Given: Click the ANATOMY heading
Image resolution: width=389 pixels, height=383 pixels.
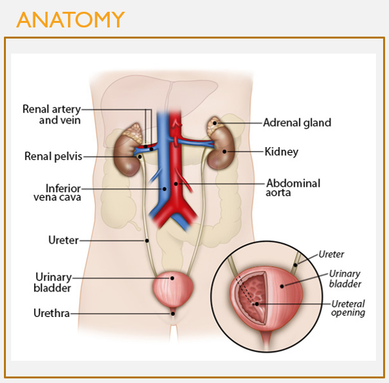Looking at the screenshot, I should tap(70, 20).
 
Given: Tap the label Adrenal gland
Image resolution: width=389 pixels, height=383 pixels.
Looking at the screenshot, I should tap(297, 122).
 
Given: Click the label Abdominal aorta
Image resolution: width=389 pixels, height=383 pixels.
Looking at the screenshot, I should tap(293, 188).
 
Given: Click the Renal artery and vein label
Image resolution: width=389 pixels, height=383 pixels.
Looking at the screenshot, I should tap(52, 114).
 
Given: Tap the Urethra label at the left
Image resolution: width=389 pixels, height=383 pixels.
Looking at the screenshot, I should tap(52, 313).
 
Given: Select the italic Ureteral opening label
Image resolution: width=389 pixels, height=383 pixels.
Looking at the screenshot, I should tap(347, 308).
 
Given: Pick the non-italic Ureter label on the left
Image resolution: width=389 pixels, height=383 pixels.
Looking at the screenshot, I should tap(63, 241).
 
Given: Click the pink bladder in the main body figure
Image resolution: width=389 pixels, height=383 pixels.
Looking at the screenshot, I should tap(172, 288).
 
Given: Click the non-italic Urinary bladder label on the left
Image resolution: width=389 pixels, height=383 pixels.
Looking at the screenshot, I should tap(53, 282).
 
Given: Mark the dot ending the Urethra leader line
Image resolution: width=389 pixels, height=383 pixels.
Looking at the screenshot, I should tap(173, 313).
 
